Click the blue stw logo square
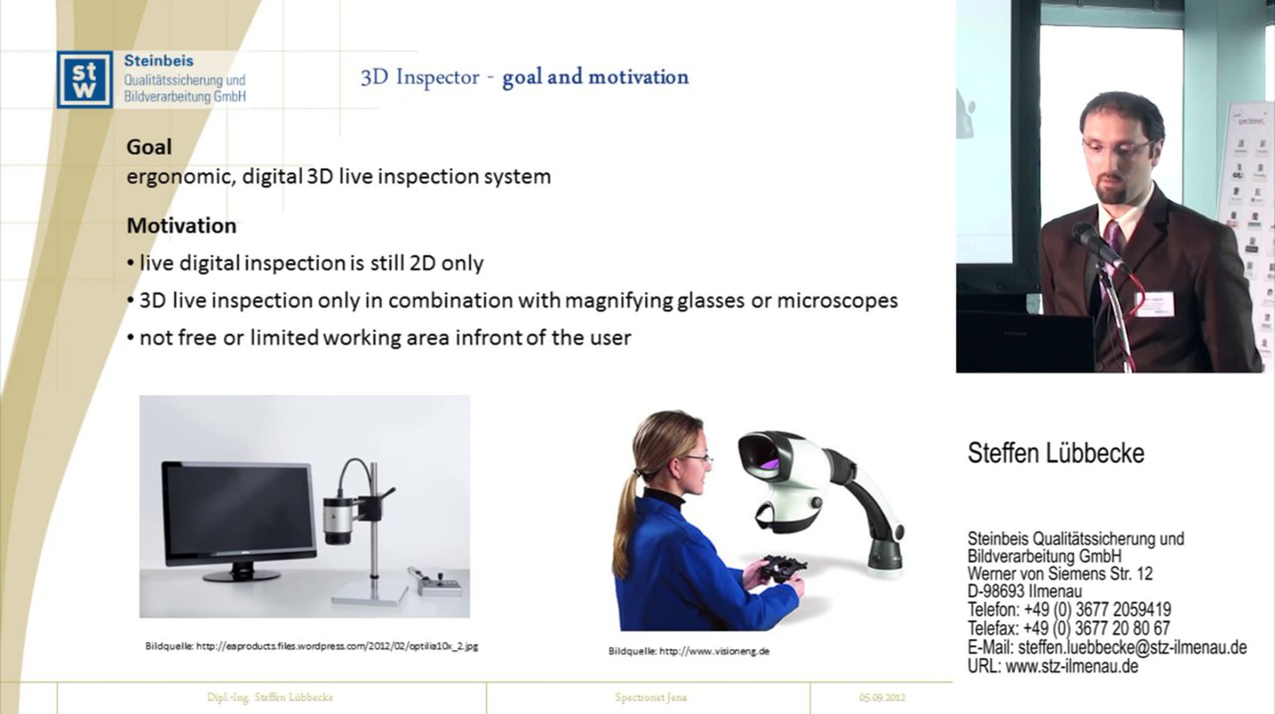pos(84,79)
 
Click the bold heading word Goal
pos(149,147)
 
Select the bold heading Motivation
pos(181,226)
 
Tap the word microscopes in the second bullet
pos(837,301)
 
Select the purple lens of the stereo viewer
pos(769,463)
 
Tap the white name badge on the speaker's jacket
pos(1154,304)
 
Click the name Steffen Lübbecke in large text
pos(1056,453)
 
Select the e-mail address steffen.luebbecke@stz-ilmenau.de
pos(1132,648)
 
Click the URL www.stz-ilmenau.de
pos(1072,666)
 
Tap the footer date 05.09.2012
pos(882,697)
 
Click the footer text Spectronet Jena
pos(651,697)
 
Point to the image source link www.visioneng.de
pos(714,651)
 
